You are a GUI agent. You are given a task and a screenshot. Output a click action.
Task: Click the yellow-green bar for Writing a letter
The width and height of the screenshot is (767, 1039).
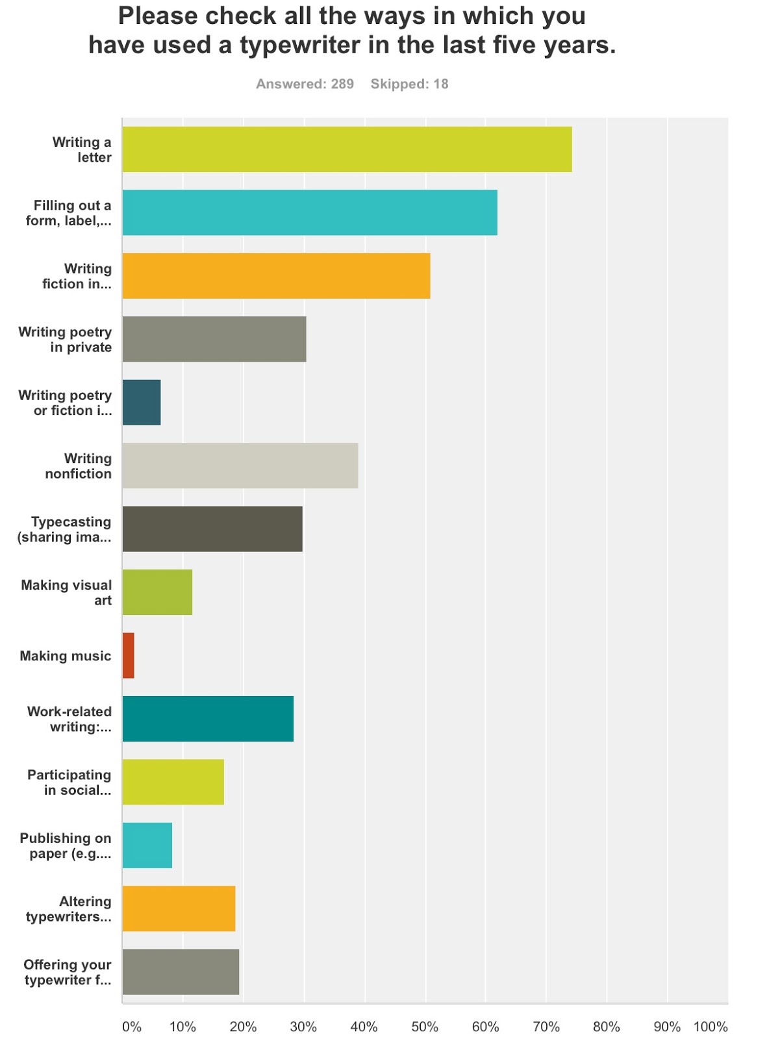(347, 149)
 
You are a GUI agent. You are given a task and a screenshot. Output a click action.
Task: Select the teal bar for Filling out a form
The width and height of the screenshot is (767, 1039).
(310, 212)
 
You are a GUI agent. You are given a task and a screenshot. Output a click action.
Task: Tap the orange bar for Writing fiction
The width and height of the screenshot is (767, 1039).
(276, 276)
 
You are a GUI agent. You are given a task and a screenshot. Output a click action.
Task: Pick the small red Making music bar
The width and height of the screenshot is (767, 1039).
(128, 656)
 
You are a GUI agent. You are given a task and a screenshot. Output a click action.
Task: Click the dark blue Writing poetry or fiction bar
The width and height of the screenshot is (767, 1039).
(142, 403)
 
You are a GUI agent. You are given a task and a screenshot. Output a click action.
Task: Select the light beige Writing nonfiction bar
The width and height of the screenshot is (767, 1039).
(240, 466)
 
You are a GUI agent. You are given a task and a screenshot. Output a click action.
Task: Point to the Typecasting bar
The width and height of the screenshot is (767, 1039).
(212, 529)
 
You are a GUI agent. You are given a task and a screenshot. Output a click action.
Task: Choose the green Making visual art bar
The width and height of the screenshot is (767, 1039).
(157, 592)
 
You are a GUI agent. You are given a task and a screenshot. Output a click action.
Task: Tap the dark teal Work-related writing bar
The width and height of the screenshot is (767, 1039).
(208, 719)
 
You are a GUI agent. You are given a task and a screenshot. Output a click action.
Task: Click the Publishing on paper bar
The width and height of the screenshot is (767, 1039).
(147, 845)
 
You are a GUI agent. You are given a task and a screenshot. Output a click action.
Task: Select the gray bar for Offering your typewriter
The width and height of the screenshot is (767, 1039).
(181, 972)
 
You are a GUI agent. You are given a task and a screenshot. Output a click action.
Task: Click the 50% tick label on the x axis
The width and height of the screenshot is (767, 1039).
(425, 1027)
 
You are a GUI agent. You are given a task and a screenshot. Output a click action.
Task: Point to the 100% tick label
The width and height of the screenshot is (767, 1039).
(710, 1027)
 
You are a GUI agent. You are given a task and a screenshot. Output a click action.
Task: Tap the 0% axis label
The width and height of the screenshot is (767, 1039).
(132, 1027)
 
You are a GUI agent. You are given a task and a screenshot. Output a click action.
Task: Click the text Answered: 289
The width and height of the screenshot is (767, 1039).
(305, 84)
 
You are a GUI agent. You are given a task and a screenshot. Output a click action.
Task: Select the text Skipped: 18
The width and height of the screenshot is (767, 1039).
(409, 84)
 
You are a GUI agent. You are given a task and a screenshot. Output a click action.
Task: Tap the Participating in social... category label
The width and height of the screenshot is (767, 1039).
(69, 782)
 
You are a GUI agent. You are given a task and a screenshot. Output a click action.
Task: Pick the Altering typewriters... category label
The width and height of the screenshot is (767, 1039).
(69, 909)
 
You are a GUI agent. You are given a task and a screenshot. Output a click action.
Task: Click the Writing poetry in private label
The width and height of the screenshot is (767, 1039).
(65, 340)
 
